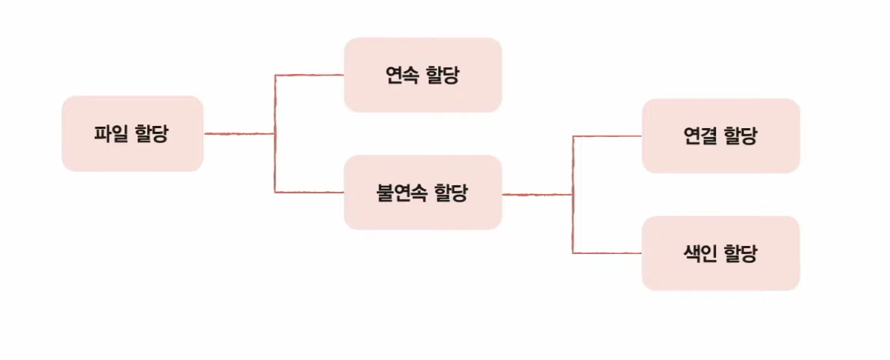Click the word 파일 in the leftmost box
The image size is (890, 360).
(x=110, y=134)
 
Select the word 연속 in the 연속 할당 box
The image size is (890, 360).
(x=401, y=76)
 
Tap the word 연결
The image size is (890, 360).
(x=700, y=136)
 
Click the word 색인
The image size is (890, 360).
(x=700, y=254)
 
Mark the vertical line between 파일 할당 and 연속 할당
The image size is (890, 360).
(x=275, y=104)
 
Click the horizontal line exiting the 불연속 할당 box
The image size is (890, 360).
(x=537, y=195)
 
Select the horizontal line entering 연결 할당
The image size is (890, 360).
(x=607, y=136)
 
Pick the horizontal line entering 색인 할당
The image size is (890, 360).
(x=607, y=253)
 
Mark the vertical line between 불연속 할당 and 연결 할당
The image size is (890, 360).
(x=572, y=165)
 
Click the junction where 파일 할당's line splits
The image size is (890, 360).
(x=275, y=134)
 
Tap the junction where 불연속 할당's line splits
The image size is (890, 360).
(x=572, y=195)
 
